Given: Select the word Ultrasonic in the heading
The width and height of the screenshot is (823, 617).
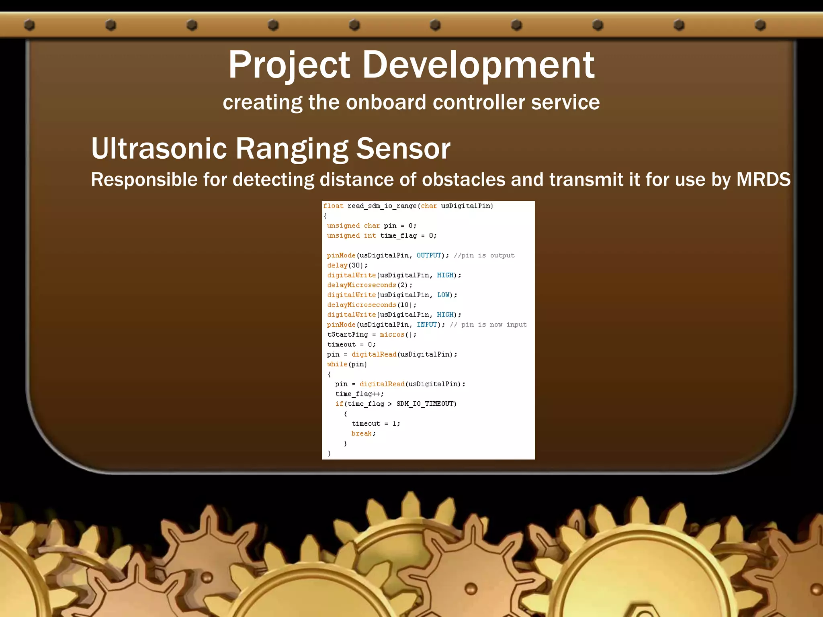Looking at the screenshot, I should (x=159, y=149).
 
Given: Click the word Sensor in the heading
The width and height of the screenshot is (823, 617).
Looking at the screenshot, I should (x=403, y=149).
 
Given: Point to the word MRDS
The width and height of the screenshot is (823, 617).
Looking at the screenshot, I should (x=763, y=179).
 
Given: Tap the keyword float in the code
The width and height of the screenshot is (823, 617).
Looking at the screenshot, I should (x=333, y=206).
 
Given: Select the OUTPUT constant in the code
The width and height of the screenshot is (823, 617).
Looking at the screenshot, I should (x=429, y=255).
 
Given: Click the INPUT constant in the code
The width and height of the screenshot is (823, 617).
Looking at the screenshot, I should (x=427, y=325).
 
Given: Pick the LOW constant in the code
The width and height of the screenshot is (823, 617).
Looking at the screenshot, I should (x=443, y=295).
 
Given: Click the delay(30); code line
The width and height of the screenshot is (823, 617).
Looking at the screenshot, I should (x=347, y=265).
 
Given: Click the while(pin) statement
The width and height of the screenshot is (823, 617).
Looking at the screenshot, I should (x=347, y=364).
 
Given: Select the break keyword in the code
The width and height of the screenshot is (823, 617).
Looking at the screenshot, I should (x=361, y=433).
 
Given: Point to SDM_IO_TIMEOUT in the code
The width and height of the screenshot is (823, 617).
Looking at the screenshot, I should (x=426, y=404).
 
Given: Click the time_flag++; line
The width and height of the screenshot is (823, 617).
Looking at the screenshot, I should (x=359, y=394).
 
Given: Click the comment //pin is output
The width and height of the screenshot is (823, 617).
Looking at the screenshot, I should (x=484, y=255).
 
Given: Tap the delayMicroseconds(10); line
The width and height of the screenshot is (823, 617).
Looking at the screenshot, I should (x=371, y=305).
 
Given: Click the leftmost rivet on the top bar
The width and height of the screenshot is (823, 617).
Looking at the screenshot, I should (x=29, y=25).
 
